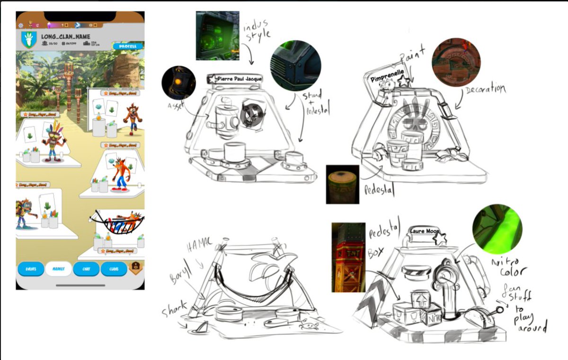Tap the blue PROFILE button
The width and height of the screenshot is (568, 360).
pos(128,46)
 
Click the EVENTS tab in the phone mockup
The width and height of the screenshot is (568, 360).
pos(31,269)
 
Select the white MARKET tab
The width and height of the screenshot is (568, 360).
pos(59,269)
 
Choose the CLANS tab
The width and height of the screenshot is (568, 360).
pos(114,269)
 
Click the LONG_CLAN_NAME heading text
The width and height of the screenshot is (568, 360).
pos(65,36)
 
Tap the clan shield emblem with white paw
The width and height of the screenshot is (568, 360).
pos(29,39)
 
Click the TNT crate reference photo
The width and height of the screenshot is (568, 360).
pos(348,257)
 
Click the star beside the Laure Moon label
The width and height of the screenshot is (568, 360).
pos(441,238)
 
